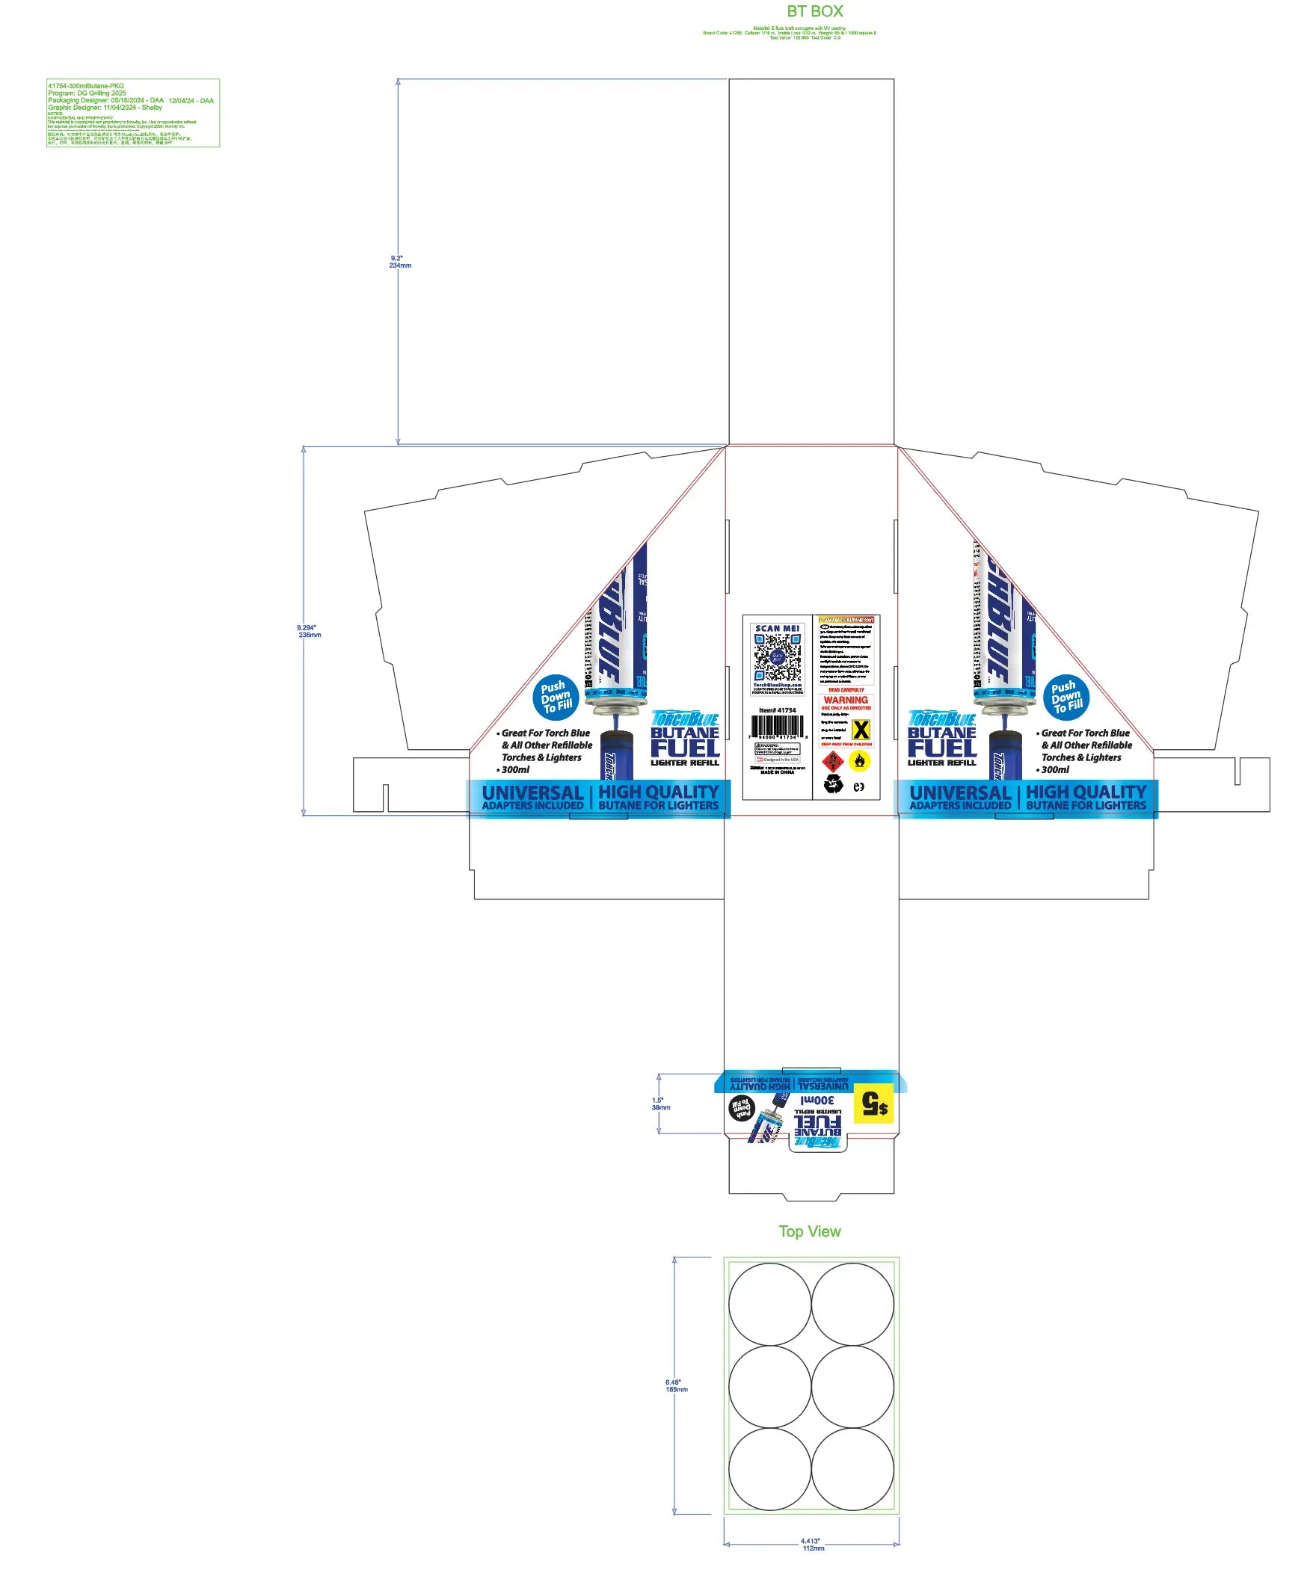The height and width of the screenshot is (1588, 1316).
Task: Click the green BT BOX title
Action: tap(814, 11)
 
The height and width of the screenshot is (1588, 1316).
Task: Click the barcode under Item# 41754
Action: tap(777, 726)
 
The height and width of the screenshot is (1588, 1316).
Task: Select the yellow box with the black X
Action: tap(860, 730)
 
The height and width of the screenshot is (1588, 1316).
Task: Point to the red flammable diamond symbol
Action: tap(833, 760)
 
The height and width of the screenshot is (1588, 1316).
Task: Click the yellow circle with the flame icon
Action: tap(859, 760)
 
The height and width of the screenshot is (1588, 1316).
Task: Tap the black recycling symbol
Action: tap(833, 786)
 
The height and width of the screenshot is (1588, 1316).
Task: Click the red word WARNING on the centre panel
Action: tap(846, 700)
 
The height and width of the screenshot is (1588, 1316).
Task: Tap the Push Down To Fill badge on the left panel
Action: tap(555, 698)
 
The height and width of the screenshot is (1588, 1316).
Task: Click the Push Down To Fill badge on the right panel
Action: tap(1066, 698)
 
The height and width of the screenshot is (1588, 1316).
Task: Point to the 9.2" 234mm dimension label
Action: tap(400, 262)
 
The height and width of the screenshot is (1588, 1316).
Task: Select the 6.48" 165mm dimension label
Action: tap(676, 1385)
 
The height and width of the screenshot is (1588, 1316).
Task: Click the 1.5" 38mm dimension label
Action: tap(660, 1104)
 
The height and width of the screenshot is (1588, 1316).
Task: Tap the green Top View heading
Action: tap(809, 1231)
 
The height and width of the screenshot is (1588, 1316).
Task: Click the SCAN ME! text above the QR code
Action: tap(777, 628)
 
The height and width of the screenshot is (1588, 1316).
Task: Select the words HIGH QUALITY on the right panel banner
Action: tap(1086, 791)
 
